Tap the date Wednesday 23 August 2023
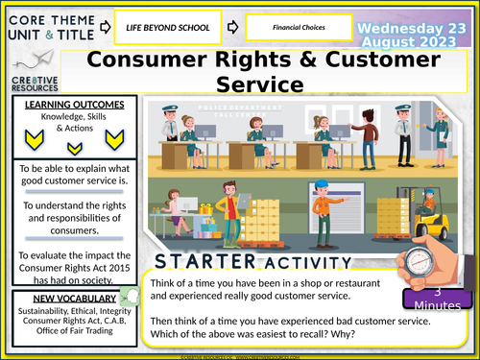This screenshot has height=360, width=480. point(415,28)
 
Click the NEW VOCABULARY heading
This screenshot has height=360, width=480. point(70,272)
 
